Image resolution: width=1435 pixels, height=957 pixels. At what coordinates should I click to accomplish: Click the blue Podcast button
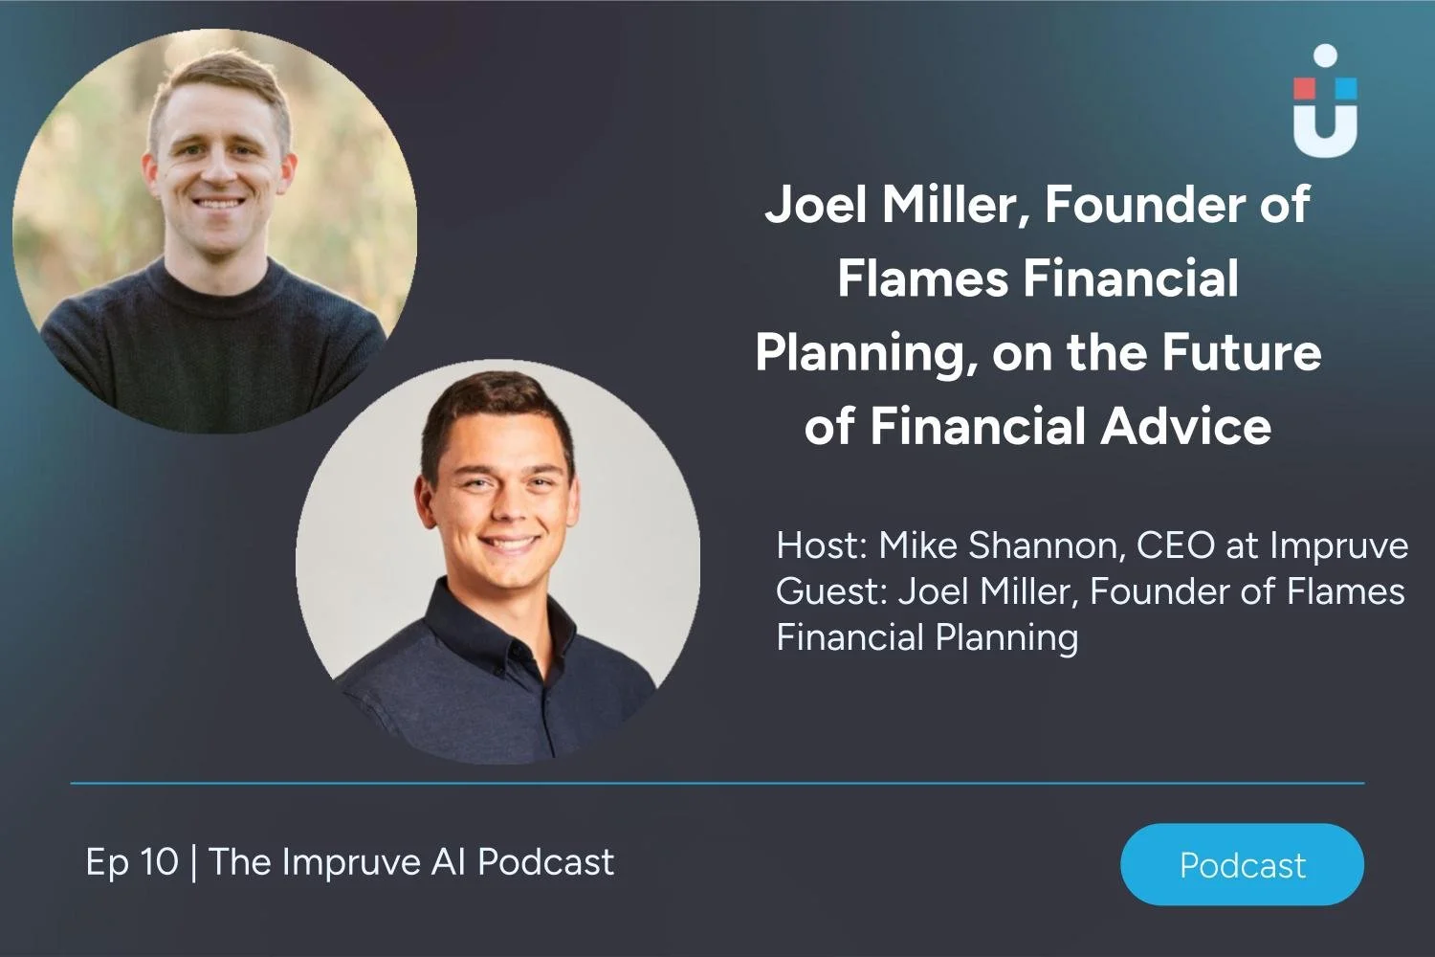1242,864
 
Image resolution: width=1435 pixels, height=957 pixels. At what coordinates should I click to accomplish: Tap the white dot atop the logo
1325,56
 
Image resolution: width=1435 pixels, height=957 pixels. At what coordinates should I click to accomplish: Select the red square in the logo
1305,89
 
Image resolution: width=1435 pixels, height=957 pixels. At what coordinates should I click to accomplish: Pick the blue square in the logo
1346,89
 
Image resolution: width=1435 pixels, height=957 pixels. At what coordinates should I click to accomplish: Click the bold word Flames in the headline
923,278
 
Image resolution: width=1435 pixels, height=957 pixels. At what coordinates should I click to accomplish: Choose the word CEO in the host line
1176,545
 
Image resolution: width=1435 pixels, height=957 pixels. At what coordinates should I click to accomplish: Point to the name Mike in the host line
917,545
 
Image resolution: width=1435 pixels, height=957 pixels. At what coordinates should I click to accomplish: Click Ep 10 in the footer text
132,862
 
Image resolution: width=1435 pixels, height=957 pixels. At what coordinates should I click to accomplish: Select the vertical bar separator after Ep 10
194,862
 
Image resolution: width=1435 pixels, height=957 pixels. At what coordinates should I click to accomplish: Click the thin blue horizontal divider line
717,783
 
